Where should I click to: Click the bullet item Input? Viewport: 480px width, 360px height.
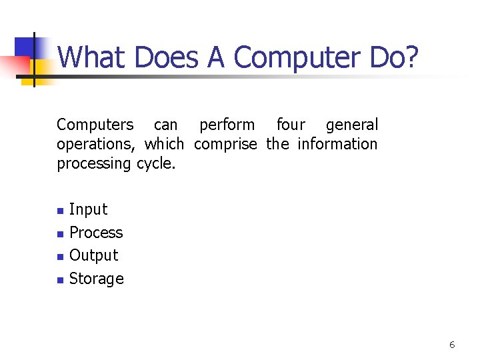tap(88, 209)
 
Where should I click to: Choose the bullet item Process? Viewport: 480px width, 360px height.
tap(96, 233)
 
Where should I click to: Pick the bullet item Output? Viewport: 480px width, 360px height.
tap(93, 255)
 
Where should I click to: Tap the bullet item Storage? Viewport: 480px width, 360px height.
tap(96, 279)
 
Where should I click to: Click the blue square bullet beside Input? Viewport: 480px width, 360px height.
tap(60, 211)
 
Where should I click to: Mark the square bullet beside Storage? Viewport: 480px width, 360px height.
tap(60, 280)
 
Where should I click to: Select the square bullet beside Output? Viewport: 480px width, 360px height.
tap(60, 257)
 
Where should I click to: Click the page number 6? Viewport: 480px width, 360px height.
tap(452, 345)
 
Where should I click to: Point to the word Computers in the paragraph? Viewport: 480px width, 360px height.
tap(95, 125)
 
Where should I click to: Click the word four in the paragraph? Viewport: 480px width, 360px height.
tap(291, 125)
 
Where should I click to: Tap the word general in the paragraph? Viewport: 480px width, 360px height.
tap(351, 125)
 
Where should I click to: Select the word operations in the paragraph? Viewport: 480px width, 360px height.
tap(95, 144)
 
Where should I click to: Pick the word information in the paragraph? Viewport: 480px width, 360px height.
tap(337, 144)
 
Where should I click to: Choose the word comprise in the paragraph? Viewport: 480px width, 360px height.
tap(225, 144)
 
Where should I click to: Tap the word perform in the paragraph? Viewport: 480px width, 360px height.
tap(227, 125)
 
